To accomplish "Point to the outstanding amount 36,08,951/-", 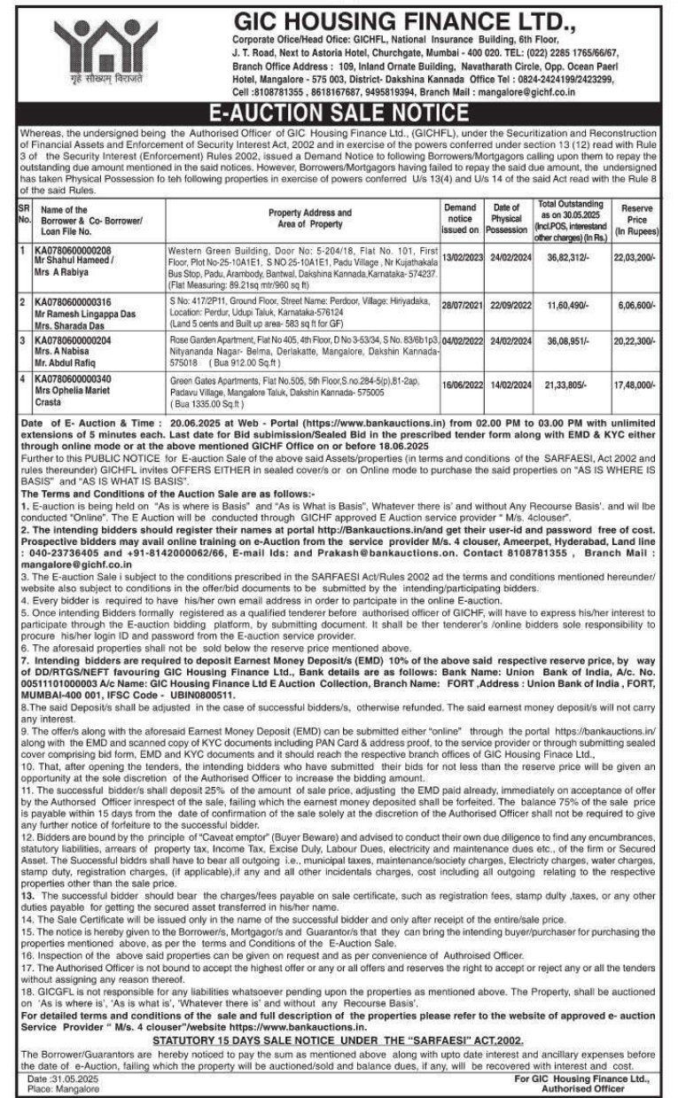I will [x=565, y=339].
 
